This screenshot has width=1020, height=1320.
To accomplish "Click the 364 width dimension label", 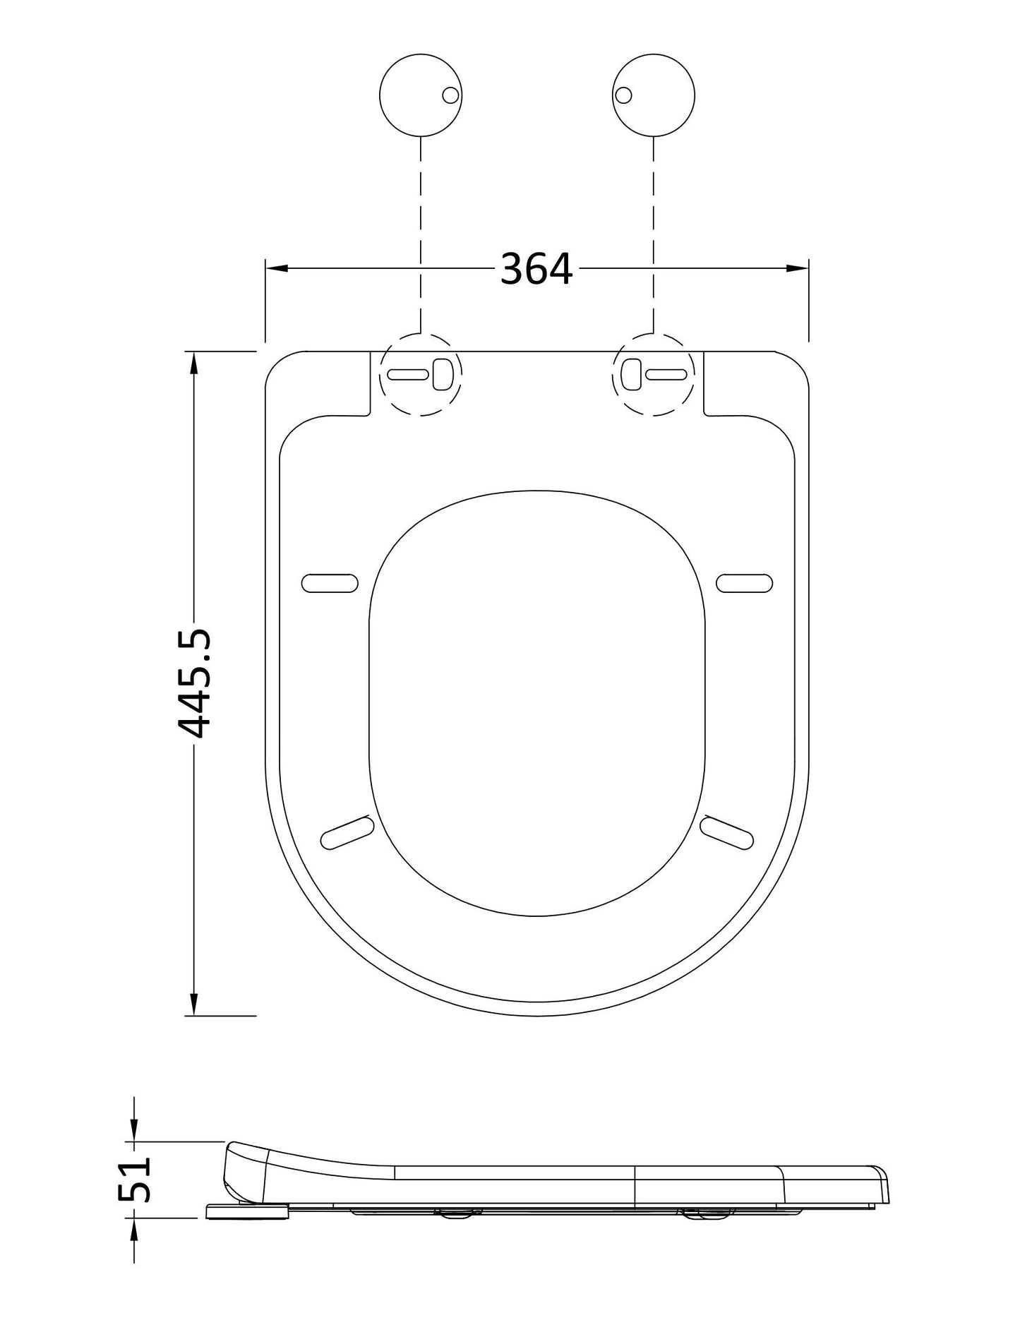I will click(x=536, y=269).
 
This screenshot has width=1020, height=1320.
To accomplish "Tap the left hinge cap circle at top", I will click(x=421, y=95).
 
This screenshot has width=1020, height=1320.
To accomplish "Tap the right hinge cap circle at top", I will click(x=654, y=95).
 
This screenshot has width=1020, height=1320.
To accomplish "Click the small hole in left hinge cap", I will click(x=450, y=95).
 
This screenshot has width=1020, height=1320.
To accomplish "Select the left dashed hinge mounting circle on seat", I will click(x=421, y=373).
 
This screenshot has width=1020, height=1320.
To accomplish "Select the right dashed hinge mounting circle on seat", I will click(x=654, y=373).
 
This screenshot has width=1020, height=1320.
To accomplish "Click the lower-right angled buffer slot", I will click(x=726, y=832).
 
